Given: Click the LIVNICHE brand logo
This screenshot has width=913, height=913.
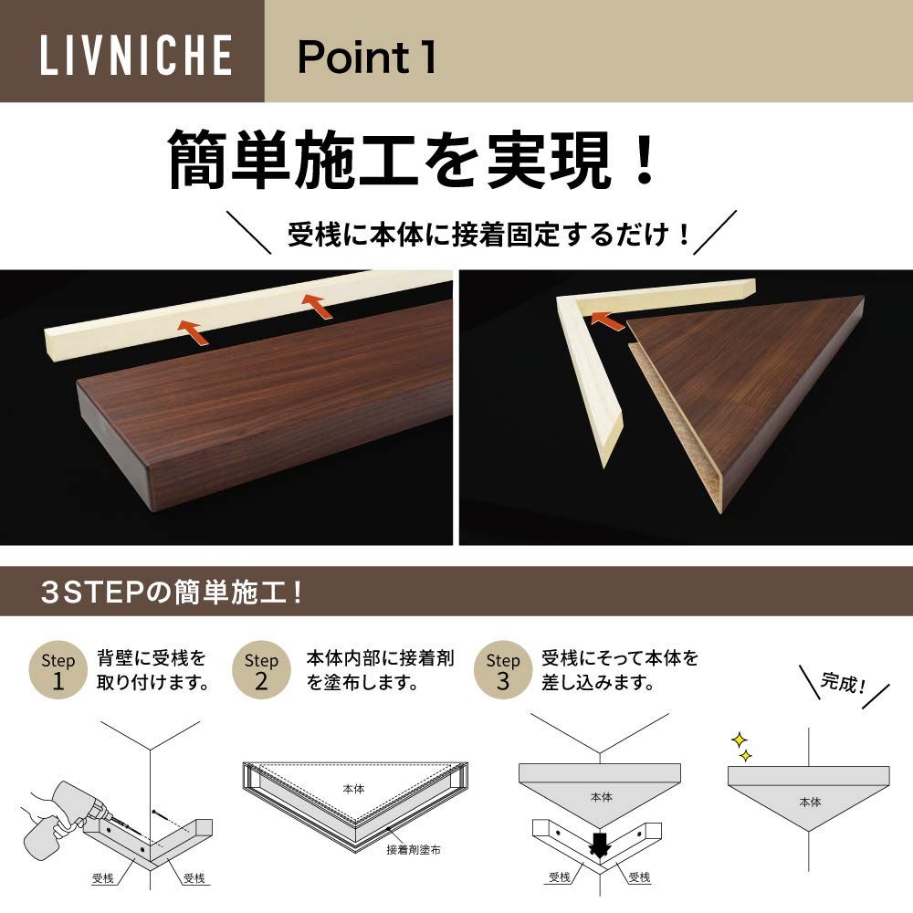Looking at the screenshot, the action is coord(136,55).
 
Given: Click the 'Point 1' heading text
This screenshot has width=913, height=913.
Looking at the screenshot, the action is coord(367,57).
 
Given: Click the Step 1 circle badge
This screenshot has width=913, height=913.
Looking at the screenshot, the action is coord(58,669).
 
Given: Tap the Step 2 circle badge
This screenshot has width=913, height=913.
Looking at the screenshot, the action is coord(261,669).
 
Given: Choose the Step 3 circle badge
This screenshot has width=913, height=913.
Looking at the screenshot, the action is coord(502,669).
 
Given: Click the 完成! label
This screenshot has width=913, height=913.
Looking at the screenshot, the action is coord(843,682).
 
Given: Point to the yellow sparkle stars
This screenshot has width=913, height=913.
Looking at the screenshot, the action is coord(741,748).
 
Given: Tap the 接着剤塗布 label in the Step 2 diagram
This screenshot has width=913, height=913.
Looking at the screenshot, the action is coord(414,849).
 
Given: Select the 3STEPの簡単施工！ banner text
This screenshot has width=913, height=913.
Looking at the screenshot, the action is coord(173,593).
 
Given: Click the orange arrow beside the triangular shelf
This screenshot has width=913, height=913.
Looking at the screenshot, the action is coord(607,319).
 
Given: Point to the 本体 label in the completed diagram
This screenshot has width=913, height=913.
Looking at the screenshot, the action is coord(810,802).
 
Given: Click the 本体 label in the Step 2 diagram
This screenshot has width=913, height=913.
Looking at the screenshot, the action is coord(353,789).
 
